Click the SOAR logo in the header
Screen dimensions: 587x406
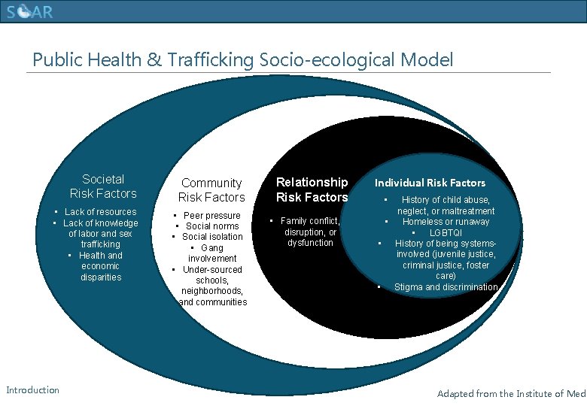pos(30,13)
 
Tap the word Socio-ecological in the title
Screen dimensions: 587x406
pos(334,59)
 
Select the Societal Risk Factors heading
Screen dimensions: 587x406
pos(103,186)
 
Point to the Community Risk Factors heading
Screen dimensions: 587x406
pos(211,189)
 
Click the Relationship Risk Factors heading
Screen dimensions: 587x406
pos(312,189)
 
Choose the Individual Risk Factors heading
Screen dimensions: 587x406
pos(430,183)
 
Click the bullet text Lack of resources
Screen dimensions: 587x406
pos(100,212)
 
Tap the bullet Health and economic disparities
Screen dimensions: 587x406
pos(101,266)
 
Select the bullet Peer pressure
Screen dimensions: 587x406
pos(212,215)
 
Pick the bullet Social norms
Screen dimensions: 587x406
pos(212,226)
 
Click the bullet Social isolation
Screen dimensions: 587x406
pos(212,237)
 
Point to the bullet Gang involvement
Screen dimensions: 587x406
pos(212,253)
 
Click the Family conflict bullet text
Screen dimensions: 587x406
pos(310,221)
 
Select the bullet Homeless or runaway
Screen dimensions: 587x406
pos(446,222)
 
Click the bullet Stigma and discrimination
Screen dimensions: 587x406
pos(446,287)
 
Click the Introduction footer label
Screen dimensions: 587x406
pos(32,389)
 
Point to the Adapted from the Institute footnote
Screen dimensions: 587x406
pos(511,393)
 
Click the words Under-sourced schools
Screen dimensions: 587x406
pos(212,274)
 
